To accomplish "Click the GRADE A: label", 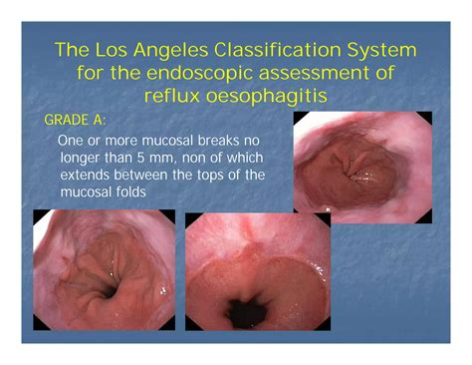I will point(77,121).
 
